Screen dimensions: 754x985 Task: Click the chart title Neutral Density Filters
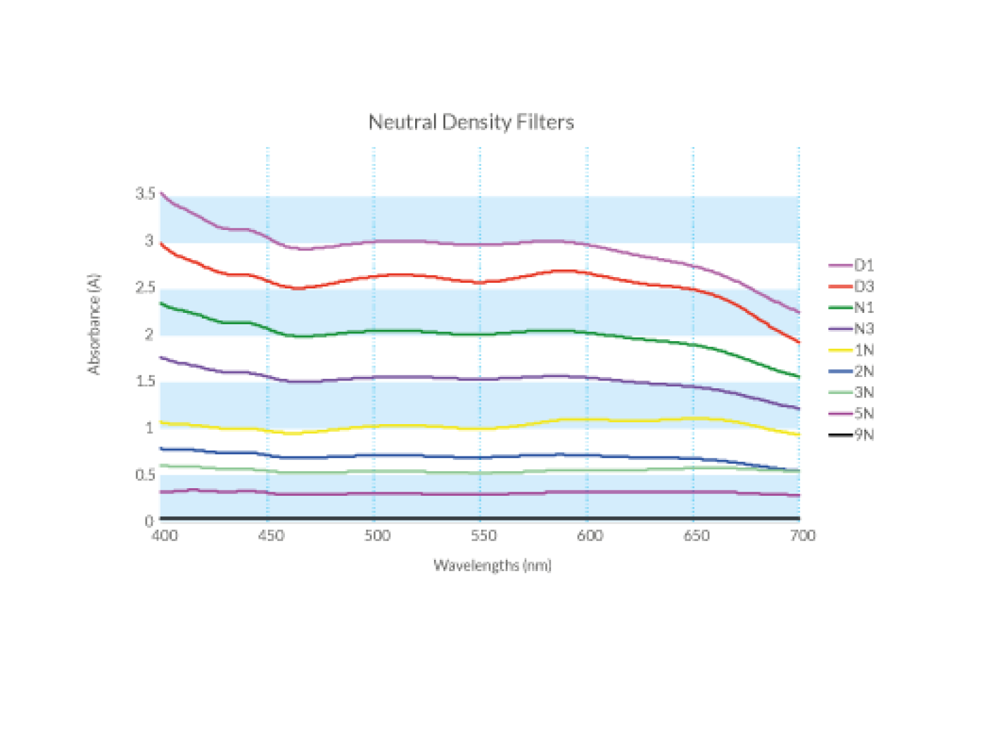pos(471,122)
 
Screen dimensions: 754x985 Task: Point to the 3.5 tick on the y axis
pos(145,193)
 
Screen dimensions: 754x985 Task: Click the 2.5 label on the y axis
pos(145,287)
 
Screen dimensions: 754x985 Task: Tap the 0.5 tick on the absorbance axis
pos(145,475)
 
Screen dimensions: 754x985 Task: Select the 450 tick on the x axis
pos(271,536)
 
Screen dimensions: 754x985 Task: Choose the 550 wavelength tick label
pos(483,536)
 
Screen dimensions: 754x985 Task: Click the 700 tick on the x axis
pos(802,536)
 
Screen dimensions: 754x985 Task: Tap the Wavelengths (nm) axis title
pos(492,565)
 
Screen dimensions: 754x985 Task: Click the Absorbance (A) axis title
pos(94,324)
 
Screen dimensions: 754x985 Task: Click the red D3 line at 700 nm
pos(799,342)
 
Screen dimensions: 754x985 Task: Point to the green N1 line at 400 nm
pos(162,303)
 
